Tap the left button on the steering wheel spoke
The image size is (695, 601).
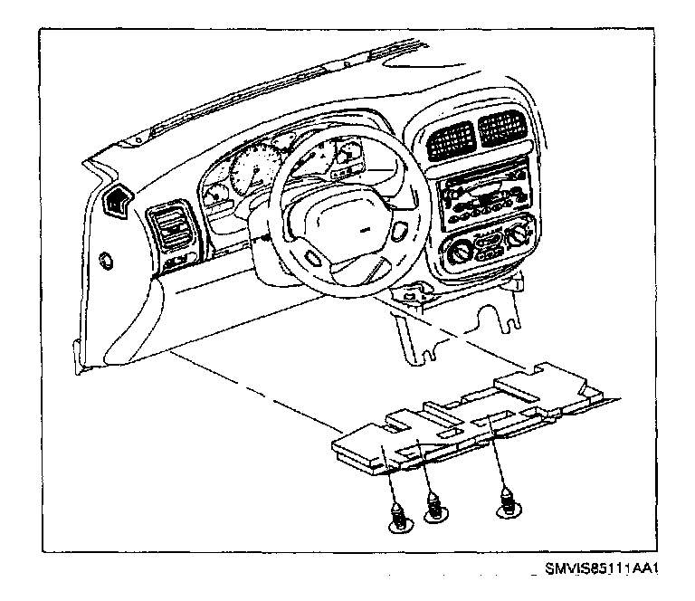click(x=315, y=257)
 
